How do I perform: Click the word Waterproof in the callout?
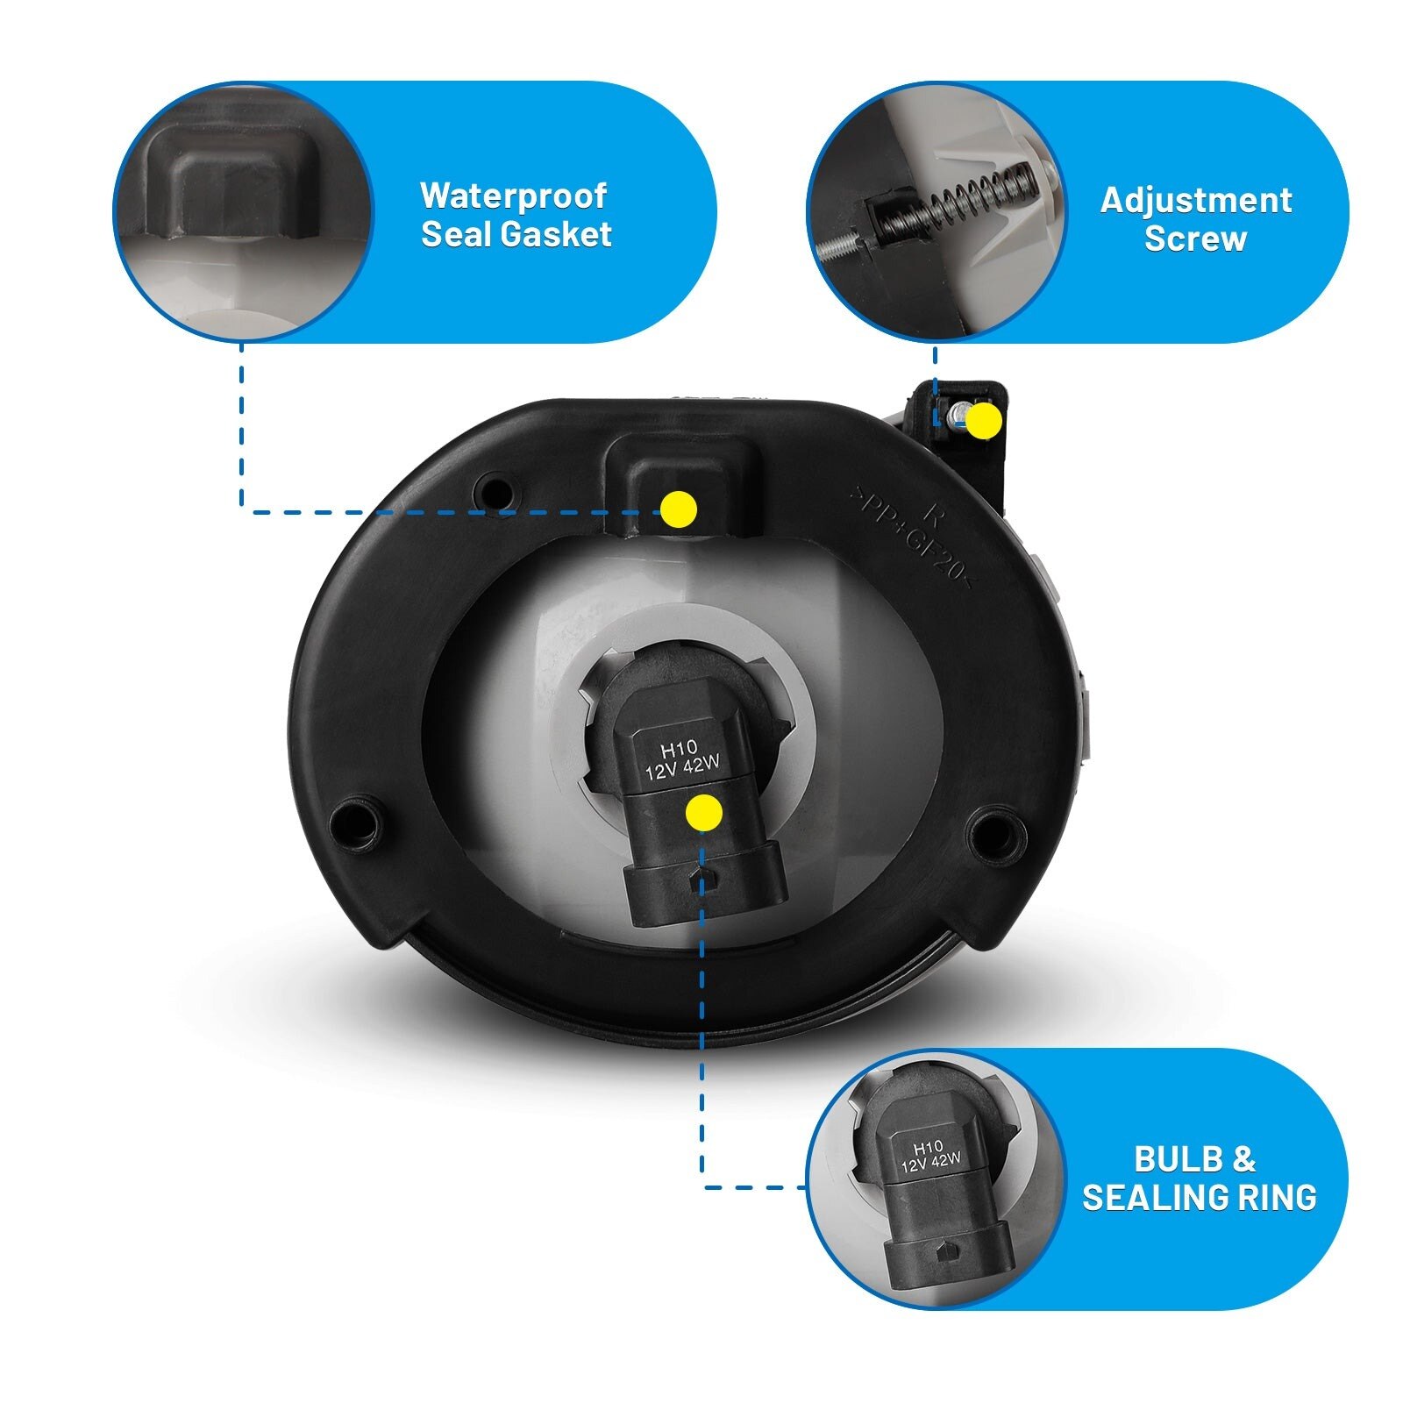[513, 196]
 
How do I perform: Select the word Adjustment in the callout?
[1196, 201]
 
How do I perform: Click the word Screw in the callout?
[1195, 239]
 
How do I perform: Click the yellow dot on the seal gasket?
[678, 509]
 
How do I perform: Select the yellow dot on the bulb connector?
[703, 814]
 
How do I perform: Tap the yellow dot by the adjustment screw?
[984, 421]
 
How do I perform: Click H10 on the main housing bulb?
[678, 751]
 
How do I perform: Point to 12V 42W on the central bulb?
[682, 769]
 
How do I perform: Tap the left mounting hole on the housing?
[357, 822]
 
